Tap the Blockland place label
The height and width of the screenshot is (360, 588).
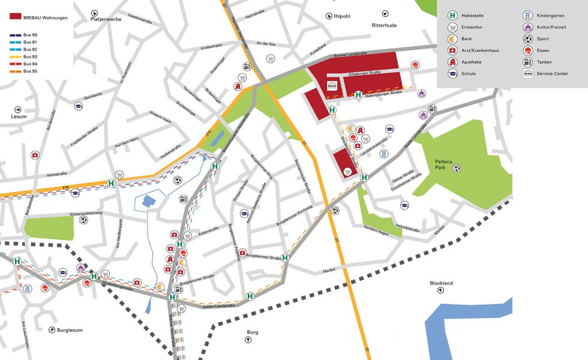(x=441, y=283)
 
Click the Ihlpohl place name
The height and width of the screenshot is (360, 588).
(x=341, y=16)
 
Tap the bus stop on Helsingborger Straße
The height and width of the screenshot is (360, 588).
(x=358, y=94)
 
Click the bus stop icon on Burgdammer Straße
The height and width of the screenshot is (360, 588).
(x=286, y=258)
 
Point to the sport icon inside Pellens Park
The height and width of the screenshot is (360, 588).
(x=457, y=168)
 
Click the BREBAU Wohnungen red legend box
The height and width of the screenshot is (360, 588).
(x=16, y=17)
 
